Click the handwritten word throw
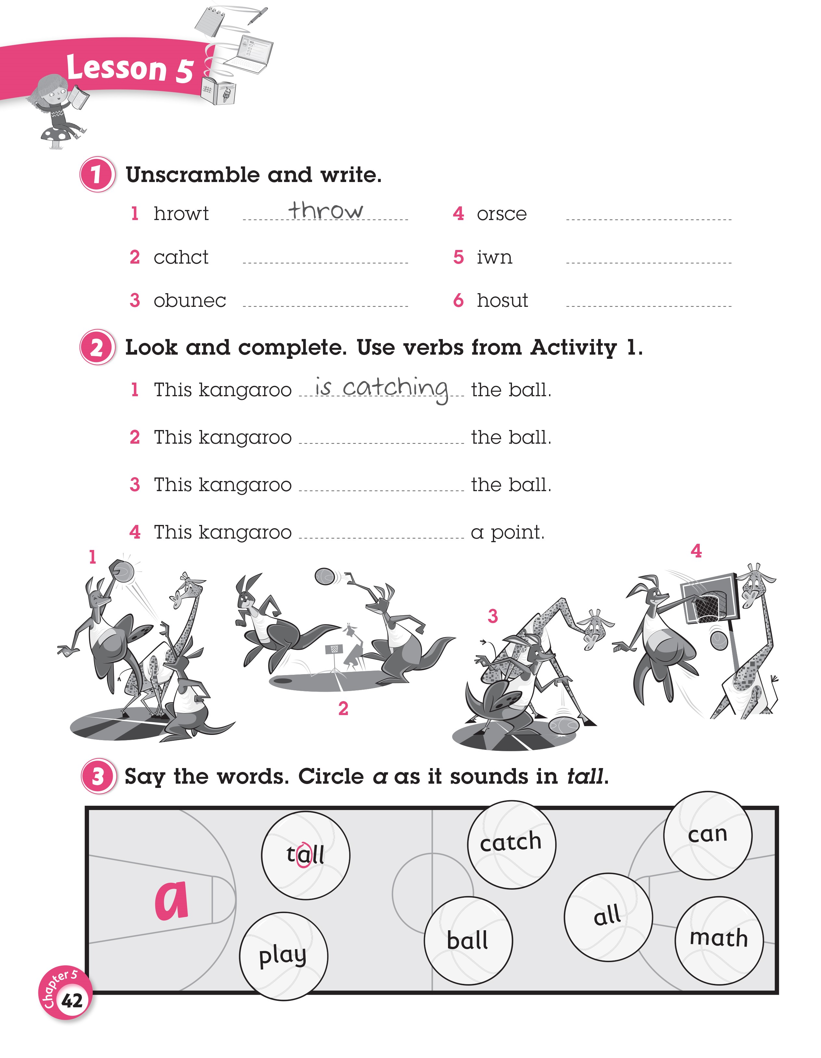click(x=325, y=210)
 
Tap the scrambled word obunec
click(x=190, y=301)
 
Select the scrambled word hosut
click(x=502, y=301)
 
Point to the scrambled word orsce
click(x=502, y=214)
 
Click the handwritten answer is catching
click(x=381, y=388)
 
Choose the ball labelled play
click(x=283, y=956)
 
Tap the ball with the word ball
click(x=468, y=941)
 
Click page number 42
click(x=72, y=1000)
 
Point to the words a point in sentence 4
click(x=508, y=532)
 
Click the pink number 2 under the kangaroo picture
click(x=343, y=709)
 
